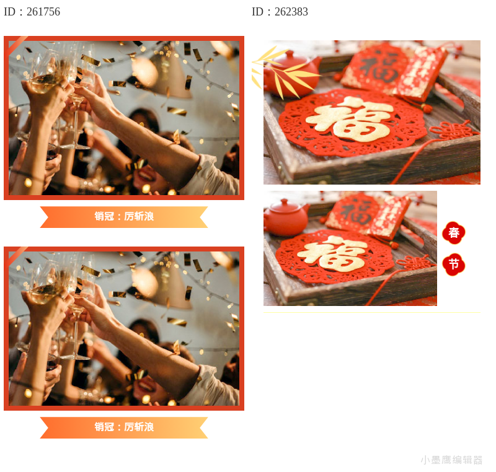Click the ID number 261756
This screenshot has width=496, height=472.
click(x=43, y=12)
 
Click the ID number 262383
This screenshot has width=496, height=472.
click(x=291, y=12)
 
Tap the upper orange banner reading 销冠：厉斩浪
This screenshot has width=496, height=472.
click(x=124, y=217)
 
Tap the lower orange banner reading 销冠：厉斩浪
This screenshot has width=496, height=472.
click(x=124, y=427)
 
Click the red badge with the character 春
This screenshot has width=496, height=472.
click(x=454, y=233)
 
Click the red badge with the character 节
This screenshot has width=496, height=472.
click(x=454, y=264)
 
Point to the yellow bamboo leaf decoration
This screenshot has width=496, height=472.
click(x=281, y=72)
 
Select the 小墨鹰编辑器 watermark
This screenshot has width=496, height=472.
click(x=451, y=460)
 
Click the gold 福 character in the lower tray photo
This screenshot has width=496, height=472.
click(x=332, y=254)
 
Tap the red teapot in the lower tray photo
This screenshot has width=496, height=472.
click(x=286, y=217)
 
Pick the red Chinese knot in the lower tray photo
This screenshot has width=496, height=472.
click(x=415, y=262)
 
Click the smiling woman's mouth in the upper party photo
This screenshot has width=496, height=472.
click(x=146, y=175)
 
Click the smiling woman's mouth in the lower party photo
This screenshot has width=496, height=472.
click(x=146, y=385)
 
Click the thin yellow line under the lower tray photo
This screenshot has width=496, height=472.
click(x=372, y=312)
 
